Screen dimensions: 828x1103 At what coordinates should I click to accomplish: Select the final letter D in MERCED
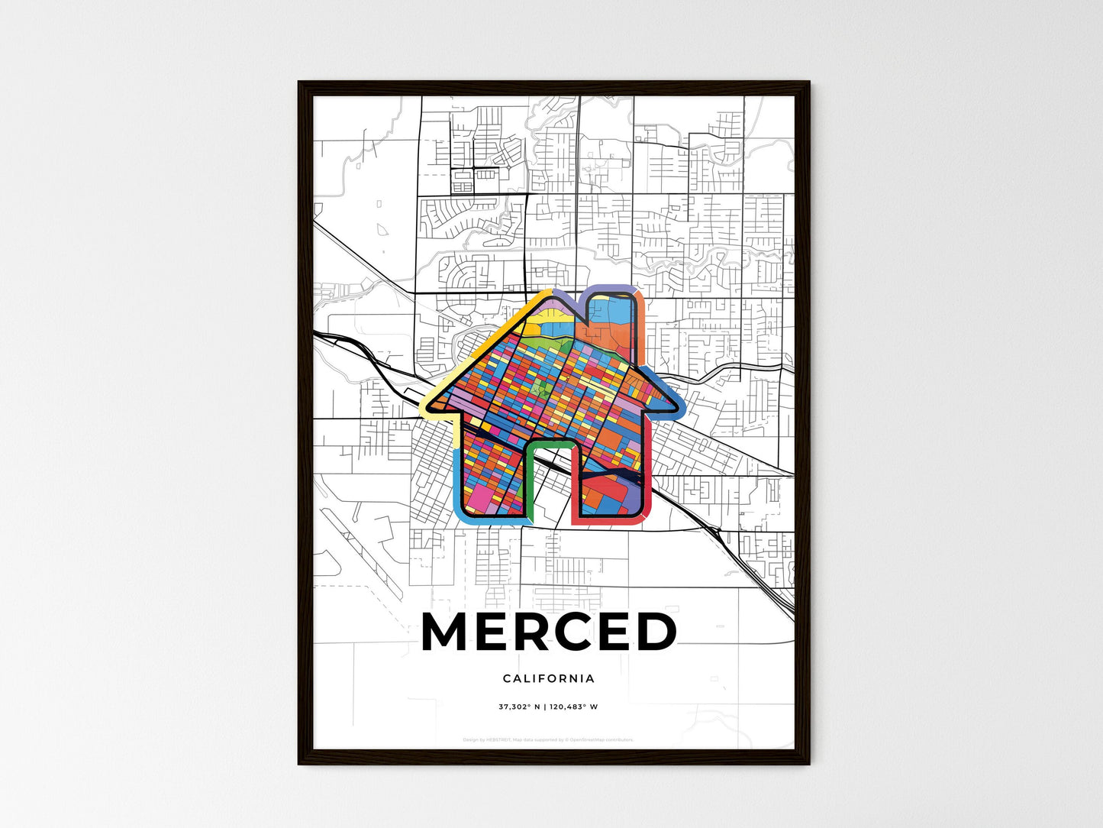653,632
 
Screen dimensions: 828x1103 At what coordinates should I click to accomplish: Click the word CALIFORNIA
549,678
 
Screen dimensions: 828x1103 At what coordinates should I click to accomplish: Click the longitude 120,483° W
573,707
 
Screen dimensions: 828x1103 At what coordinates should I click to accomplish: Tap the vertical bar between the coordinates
544,707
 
